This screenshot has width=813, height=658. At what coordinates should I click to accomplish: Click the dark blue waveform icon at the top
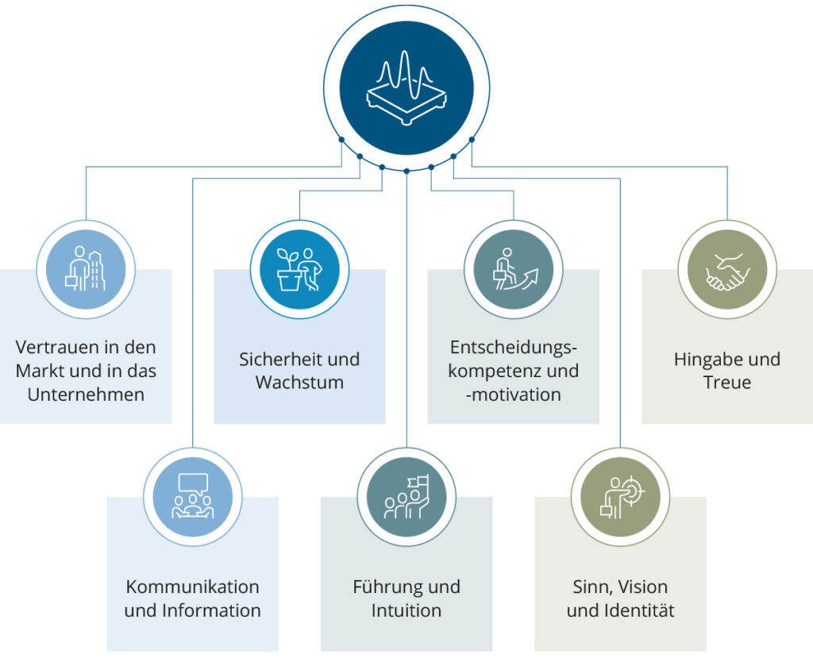406,87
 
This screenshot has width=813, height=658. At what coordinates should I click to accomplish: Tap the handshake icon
726,269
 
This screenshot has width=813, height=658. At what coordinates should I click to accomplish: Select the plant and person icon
299,269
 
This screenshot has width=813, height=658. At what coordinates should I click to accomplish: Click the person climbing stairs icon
513,269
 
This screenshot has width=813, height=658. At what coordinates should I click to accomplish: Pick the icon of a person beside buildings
86,269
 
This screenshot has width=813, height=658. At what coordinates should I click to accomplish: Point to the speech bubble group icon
193,497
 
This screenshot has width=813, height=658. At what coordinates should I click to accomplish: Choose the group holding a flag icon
406,497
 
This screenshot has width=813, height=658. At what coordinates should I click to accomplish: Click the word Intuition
406,611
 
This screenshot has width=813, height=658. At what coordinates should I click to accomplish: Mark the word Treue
726,382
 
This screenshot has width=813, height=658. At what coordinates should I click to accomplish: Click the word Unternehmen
86,394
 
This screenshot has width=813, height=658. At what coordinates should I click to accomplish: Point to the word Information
211,611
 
